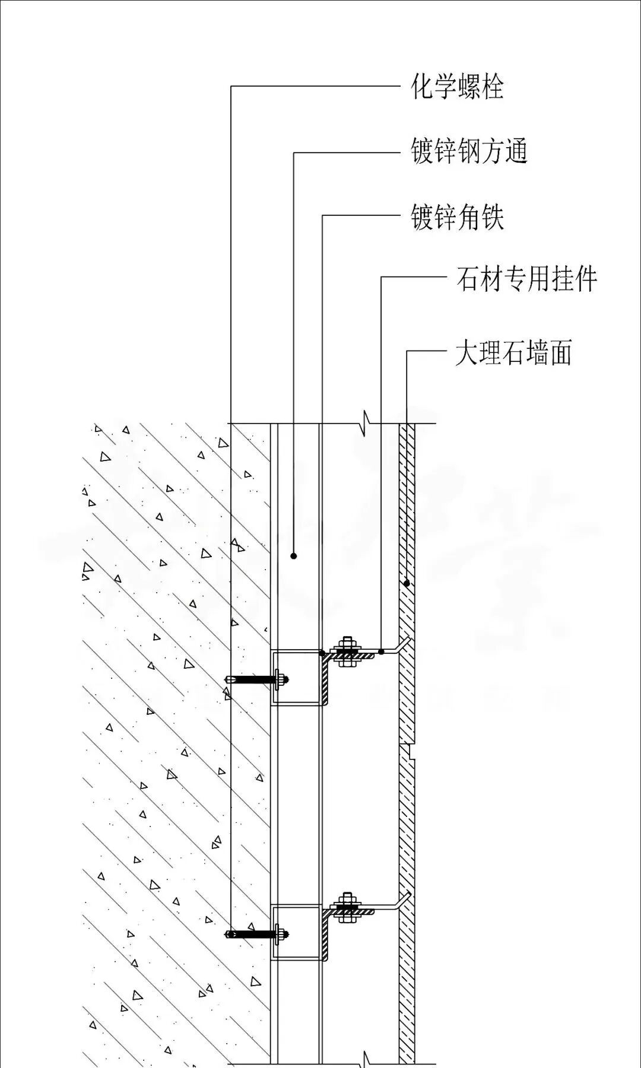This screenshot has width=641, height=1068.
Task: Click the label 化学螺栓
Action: pyautogui.click(x=457, y=87)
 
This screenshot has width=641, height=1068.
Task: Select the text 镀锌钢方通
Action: pyautogui.click(x=469, y=151)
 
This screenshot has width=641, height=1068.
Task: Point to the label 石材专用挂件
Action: pyautogui.click(x=526, y=278)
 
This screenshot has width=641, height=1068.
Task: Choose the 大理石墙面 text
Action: pyautogui.click(x=513, y=353)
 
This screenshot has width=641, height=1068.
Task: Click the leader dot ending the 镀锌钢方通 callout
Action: pyautogui.click(x=294, y=556)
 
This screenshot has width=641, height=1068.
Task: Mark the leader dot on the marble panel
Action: pyautogui.click(x=407, y=583)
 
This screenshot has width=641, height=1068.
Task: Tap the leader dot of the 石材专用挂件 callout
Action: pyautogui.click(x=382, y=652)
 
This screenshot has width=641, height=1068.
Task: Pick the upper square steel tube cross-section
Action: pyautogui.click(x=297, y=678)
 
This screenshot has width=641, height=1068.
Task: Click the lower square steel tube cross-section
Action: pyautogui.click(x=297, y=933)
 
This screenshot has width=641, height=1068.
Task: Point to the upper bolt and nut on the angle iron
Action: pyautogui.click(x=347, y=652)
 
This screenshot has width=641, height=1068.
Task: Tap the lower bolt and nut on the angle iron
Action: pyautogui.click(x=347, y=908)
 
